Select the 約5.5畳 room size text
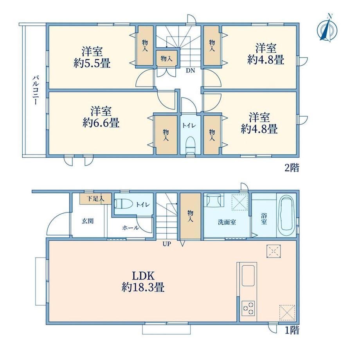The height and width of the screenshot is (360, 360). pos(92,63)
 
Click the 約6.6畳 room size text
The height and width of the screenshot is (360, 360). pos(101,122)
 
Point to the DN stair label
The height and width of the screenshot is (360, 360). pos(190,71)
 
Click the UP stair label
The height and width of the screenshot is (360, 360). pos(167,244)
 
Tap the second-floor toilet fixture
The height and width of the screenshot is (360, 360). pos(190,145)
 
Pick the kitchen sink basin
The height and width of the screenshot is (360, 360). pos(248,275)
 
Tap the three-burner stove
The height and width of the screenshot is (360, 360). pos(248,308)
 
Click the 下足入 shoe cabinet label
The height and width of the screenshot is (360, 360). pos(95,198)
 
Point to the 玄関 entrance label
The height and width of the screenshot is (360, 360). pos(88,221)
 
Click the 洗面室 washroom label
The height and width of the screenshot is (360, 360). pos(227,222)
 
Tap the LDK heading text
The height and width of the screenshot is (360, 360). pos(143,275)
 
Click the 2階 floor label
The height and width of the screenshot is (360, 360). pos(292,168)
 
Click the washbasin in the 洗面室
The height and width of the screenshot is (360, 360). pos(215,200)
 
